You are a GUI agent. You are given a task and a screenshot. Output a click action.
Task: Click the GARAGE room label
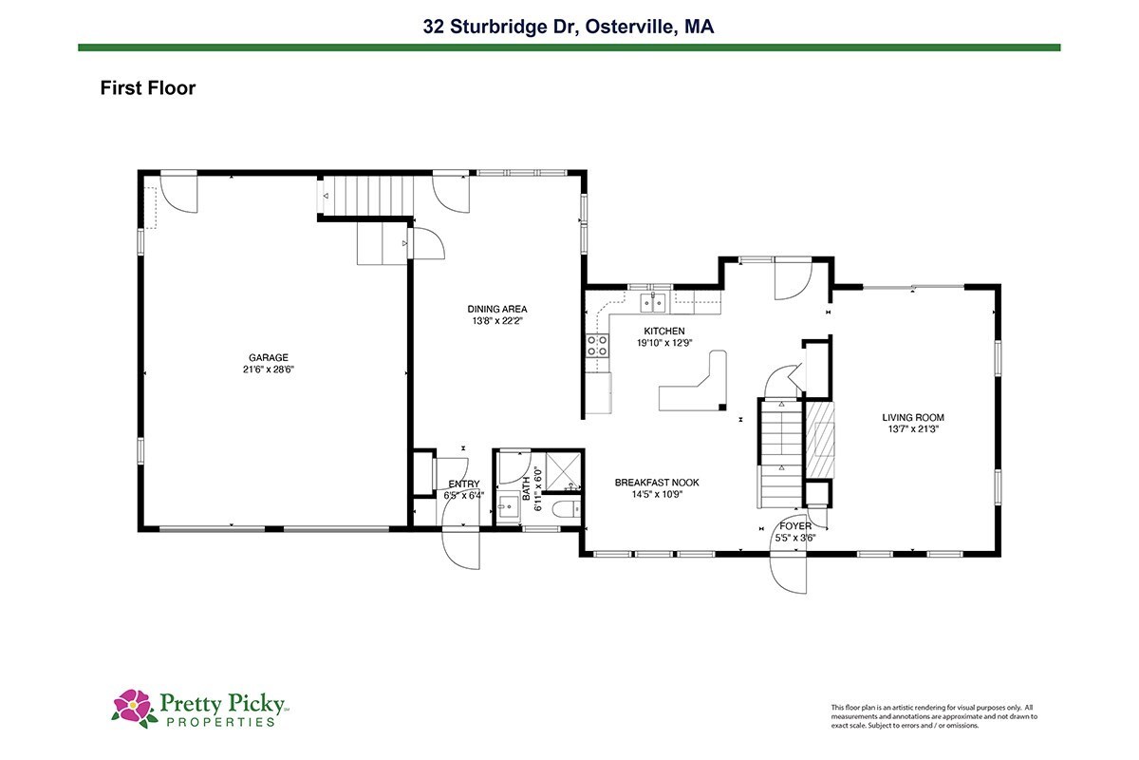(269, 358)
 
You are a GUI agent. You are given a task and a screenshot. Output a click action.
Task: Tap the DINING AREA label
(497, 309)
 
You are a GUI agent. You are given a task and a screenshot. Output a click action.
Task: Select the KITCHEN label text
(664, 331)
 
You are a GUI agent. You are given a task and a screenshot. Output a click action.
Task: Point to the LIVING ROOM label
(913, 417)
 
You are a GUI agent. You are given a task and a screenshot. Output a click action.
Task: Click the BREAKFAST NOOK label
(657, 483)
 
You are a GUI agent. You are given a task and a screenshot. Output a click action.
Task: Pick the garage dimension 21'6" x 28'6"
(269, 370)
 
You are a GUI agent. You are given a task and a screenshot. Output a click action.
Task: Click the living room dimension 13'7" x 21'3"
(913, 429)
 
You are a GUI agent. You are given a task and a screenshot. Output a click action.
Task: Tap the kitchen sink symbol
(653, 303)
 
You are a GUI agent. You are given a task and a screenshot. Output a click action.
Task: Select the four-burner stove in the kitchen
(597, 346)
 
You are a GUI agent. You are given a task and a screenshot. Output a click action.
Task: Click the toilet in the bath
(566, 509)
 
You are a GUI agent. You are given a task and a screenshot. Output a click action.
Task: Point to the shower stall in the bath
(563, 470)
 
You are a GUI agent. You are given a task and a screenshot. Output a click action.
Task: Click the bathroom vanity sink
(508, 507)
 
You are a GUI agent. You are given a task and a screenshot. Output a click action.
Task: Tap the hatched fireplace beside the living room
(820, 440)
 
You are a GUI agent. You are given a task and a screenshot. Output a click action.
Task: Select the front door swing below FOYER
(788, 573)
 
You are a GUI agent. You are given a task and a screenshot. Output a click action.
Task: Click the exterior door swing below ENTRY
(460, 550)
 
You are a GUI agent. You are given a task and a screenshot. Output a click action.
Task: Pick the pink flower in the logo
(133, 706)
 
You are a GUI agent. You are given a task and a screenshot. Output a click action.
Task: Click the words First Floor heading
(148, 88)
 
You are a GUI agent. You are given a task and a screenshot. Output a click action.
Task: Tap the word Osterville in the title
(629, 27)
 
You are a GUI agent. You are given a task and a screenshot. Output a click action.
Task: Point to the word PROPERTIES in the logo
(220, 722)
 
